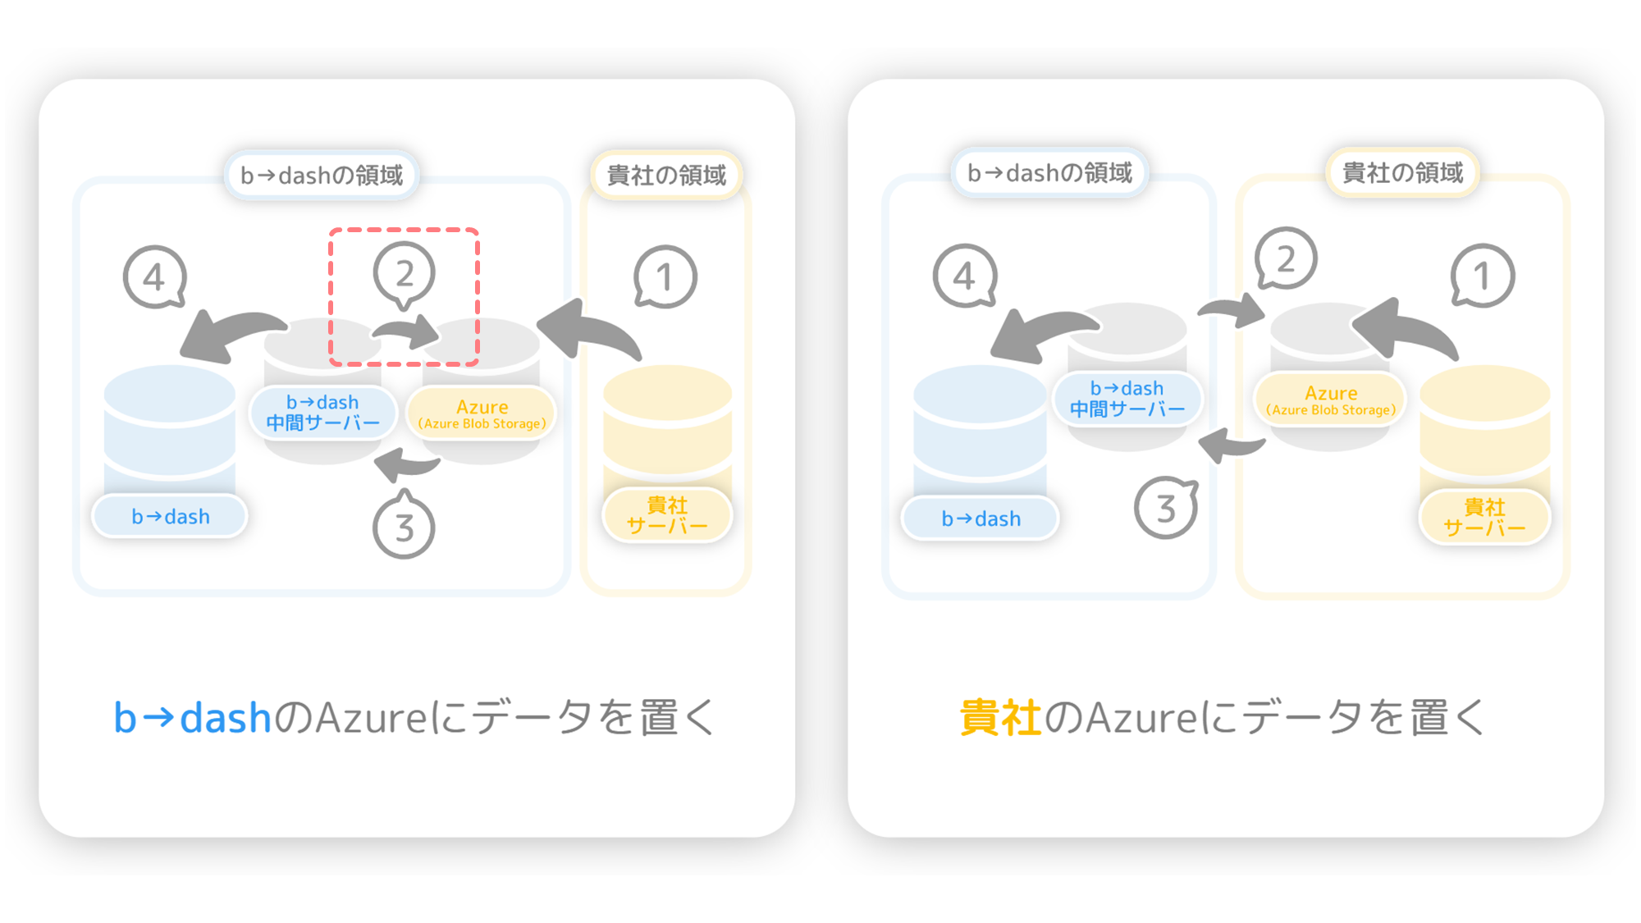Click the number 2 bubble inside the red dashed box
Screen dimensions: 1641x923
pyautogui.click(x=404, y=274)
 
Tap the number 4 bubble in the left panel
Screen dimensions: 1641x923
pyautogui.click(x=154, y=277)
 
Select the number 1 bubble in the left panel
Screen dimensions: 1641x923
pyautogui.click(x=665, y=277)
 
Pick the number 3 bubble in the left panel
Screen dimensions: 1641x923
pyautogui.click(x=404, y=525)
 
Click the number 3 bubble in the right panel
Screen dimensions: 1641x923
pyautogui.click(x=1166, y=508)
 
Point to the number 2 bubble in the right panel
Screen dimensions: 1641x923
pyautogui.click(x=1286, y=258)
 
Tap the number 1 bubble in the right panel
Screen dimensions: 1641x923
pyautogui.click(x=1483, y=276)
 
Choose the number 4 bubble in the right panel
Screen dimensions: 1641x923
pyautogui.click(x=965, y=276)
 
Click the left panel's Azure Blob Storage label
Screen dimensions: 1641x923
pyautogui.click(x=482, y=414)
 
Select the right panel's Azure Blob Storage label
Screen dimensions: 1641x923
pyautogui.click(x=1330, y=400)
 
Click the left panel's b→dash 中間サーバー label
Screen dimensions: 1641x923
pyautogui.click(x=323, y=413)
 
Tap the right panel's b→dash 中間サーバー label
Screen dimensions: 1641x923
pyautogui.click(x=1127, y=399)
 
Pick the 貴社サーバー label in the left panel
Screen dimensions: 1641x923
pyautogui.click(x=667, y=515)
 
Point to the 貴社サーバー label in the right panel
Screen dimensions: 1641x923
pyautogui.click(x=1484, y=518)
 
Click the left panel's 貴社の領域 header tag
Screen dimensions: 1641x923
pyautogui.click(x=666, y=175)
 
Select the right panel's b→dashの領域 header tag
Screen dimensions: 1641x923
pyautogui.click(x=1049, y=172)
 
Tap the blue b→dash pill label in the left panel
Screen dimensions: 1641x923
pyautogui.click(x=170, y=517)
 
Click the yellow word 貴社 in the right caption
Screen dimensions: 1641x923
pyautogui.click(x=1000, y=718)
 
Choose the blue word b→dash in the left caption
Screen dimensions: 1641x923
pyautogui.click(x=192, y=718)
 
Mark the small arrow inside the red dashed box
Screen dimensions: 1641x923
pyautogui.click(x=407, y=331)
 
